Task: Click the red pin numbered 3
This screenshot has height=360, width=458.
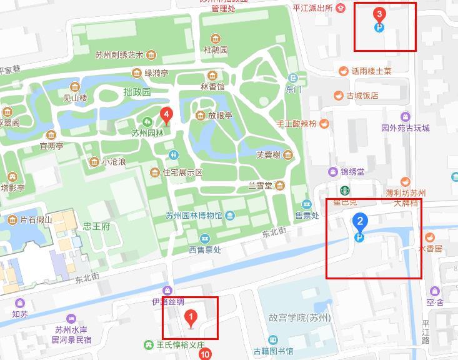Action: tap(379, 14)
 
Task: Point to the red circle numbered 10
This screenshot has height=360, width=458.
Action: tap(205, 354)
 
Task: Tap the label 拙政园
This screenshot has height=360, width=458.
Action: tap(137, 92)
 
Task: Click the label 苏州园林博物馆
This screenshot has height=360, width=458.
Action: tap(194, 216)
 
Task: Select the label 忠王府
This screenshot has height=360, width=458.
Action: tap(96, 226)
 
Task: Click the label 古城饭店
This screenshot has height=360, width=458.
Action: tap(363, 96)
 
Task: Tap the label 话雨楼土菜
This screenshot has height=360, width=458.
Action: tap(371, 71)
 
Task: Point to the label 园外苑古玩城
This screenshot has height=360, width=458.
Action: tap(406, 128)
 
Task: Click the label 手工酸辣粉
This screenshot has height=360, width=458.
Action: tap(296, 124)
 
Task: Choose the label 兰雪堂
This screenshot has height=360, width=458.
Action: tap(260, 186)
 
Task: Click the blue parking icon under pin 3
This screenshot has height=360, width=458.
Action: tap(379, 27)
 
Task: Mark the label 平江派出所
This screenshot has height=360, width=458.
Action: tap(314, 7)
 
